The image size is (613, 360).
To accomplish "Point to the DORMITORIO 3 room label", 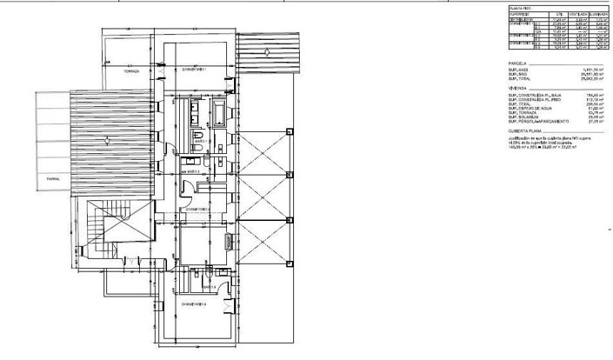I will click(196, 304).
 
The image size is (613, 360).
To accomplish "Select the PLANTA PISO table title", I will click(523, 8).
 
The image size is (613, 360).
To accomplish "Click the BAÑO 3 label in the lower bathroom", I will click(208, 287).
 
